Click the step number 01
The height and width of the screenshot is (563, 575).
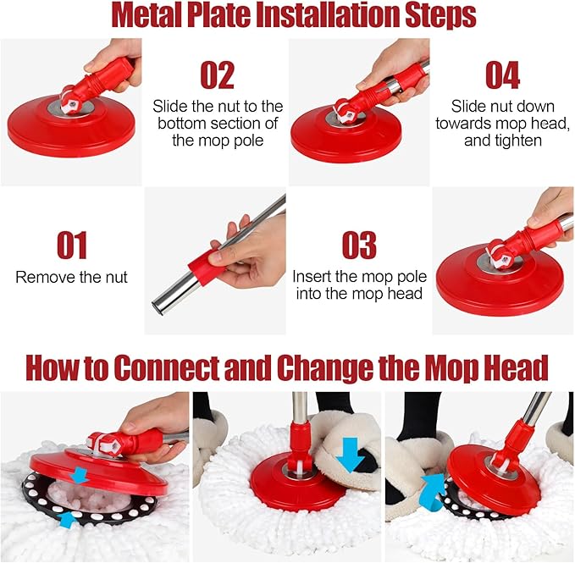72,245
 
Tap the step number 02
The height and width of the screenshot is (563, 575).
217,75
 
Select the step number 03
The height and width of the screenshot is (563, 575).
358,245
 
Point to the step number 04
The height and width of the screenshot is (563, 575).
502,75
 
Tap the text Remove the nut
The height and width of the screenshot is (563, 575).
71,277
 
